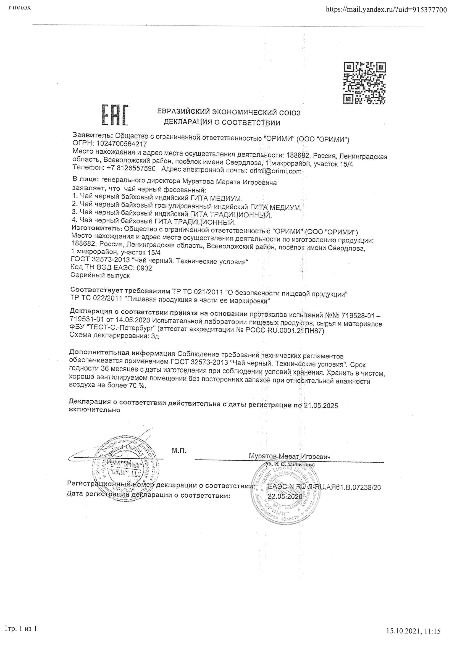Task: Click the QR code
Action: pos(364,83)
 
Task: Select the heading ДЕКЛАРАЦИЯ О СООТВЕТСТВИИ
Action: pos(222,122)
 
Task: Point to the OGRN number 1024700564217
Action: pos(121,144)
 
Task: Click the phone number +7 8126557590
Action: pos(131,169)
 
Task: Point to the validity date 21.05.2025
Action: pos(321,405)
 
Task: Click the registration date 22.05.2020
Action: pos(285,496)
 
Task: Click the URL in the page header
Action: pos(386,10)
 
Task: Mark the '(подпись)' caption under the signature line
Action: pos(119,462)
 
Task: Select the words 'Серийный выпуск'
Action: pos(100,275)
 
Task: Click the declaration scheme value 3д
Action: pos(155,336)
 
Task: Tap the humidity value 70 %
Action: pos(138,385)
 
